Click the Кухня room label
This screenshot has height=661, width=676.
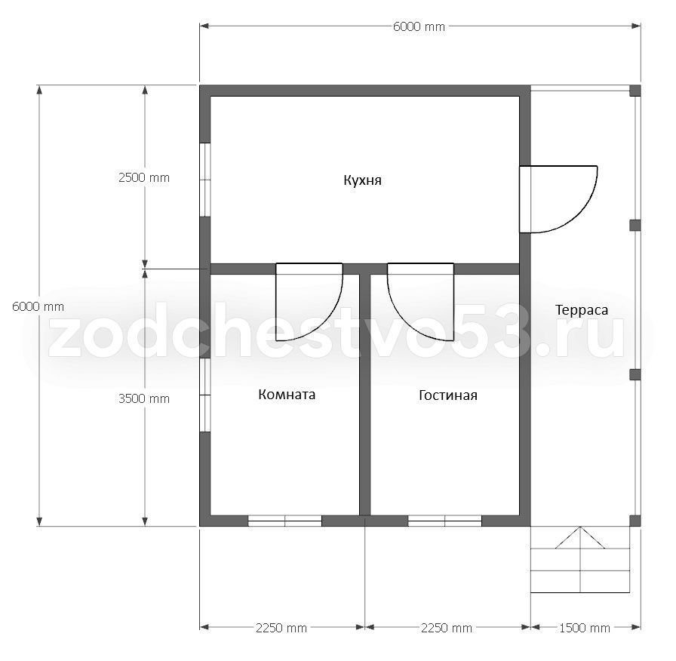click(363, 180)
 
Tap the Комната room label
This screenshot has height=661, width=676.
click(287, 395)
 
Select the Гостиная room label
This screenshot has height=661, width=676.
click(448, 395)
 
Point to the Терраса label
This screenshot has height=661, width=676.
click(582, 310)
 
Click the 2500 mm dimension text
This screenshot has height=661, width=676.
click(144, 177)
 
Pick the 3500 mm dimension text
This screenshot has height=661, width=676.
click(144, 399)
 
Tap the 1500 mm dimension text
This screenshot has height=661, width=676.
click(585, 629)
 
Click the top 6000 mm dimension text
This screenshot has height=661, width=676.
click(419, 26)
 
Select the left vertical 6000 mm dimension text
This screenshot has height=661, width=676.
click(38, 307)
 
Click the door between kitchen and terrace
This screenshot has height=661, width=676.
click(558, 199)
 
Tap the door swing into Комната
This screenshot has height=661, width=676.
click(309, 302)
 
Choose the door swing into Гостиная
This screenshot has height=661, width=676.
click(420, 302)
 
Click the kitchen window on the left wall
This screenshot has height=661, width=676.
click(204, 180)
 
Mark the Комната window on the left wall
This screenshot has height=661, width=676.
click(204, 395)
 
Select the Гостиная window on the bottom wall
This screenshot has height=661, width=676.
click(445, 521)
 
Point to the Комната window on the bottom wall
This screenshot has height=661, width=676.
click(285, 521)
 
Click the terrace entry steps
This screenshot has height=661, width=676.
click(580, 560)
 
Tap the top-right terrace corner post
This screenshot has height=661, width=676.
click(635, 91)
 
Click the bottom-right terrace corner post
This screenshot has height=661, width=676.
click(635, 521)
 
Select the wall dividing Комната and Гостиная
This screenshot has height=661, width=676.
click(364, 395)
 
